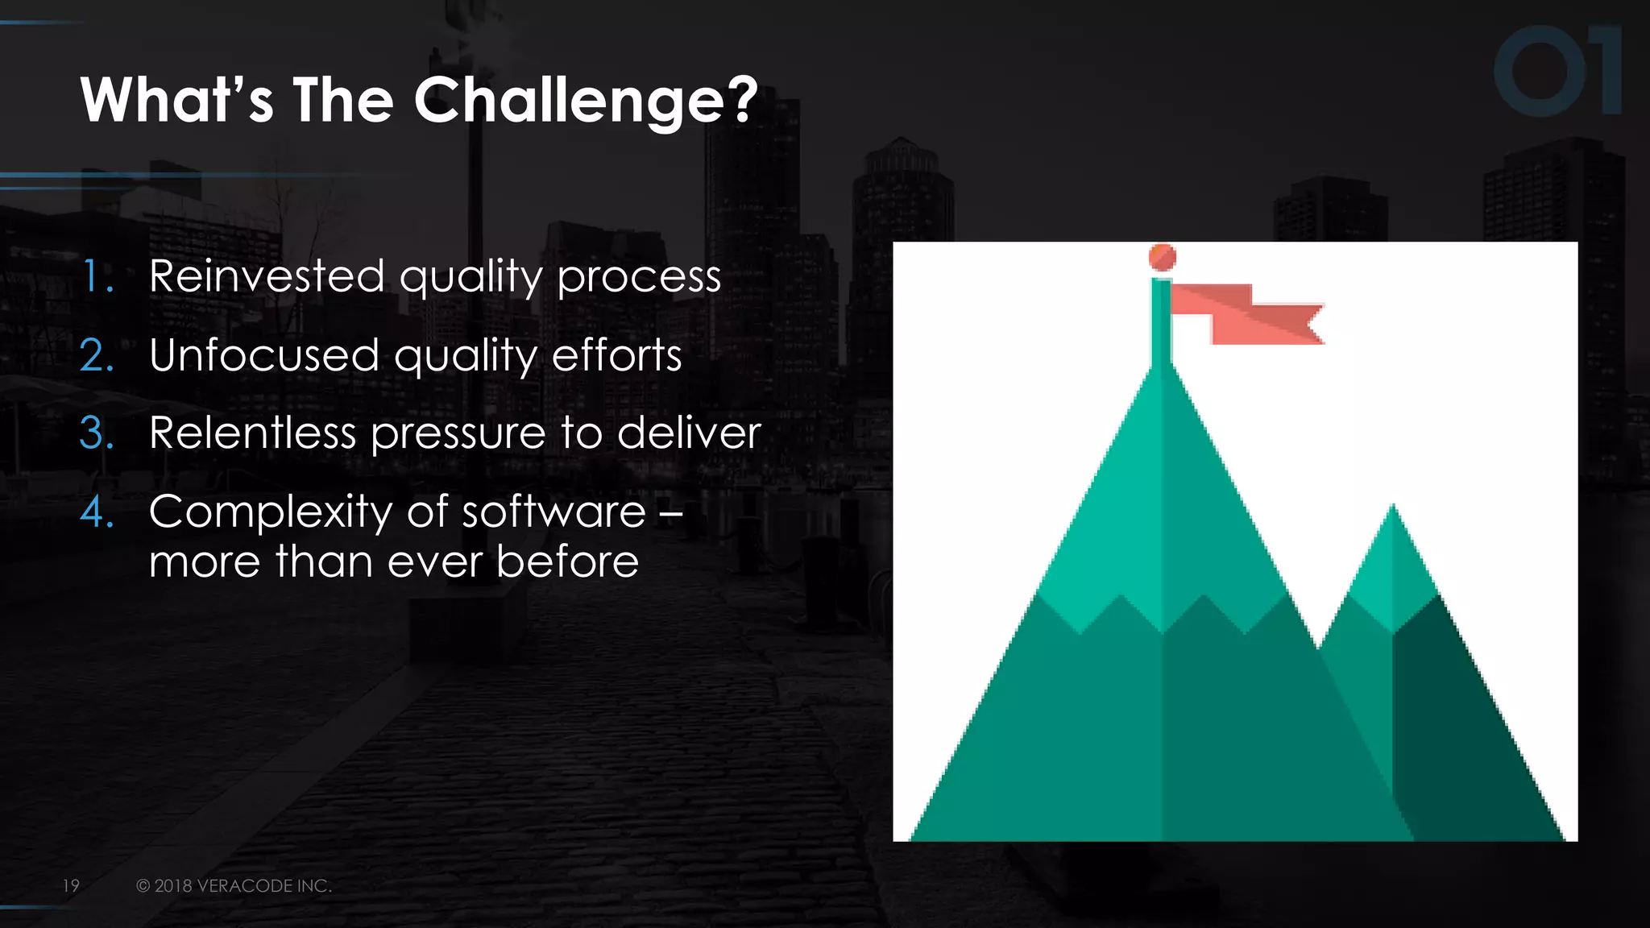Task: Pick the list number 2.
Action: pyautogui.click(x=97, y=355)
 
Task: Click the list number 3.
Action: pyautogui.click(x=97, y=433)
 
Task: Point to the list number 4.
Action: pyautogui.click(x=97, y=512)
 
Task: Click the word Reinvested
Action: pyautogui.click(x=267, y=276)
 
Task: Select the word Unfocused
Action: pyautogui.click(x=264, y=355)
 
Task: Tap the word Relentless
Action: pyautogui.click(x=252, y=433)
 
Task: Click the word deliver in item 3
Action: pyautogui.click(x=688, y=433)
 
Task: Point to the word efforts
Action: pyautogui.click(x=616, y=355)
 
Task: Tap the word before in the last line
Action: pyautogui.click(x=567, y=561)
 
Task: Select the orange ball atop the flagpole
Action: pyautogui.click(x=1162, y=258)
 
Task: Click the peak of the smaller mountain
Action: pyautogui.click(x=1393, y=509)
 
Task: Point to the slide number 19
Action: pyautogui.click(x=71, y=885)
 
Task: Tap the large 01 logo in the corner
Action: pyautogui.click(x=1557, y=71)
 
